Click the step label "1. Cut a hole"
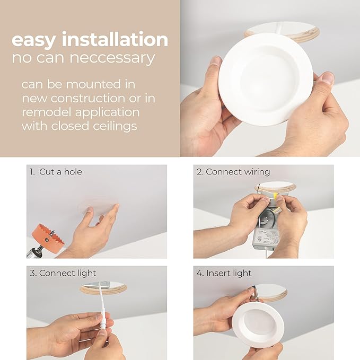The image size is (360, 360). coord(56,172)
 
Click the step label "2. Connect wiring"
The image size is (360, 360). coord(233,172)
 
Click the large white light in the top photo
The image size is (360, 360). coord(265,80)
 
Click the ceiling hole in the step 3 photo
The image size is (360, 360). coord(103,287)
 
